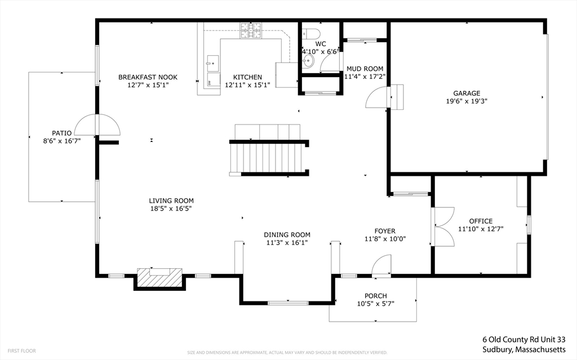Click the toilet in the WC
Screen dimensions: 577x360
click(310, 33)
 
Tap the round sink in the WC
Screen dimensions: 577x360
click(308, 61)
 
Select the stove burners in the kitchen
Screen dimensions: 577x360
click(251, 30)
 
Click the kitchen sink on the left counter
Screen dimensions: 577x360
click(212, 63)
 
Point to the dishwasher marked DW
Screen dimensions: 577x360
click(214, 79)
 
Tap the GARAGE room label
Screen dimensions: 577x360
click(467, 94)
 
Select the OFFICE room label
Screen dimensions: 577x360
click(481, 221)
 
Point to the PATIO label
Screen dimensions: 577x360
click(62, 134)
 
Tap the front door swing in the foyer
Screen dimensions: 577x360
click(381, 265)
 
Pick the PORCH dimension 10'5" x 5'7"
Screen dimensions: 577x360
click(376, 304)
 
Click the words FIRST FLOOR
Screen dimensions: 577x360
click(22, 351)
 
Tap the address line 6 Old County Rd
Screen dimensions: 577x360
click(524, 339)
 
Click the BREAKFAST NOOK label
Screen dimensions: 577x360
click(148, 77)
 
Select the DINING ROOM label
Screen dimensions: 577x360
click(287, 235)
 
